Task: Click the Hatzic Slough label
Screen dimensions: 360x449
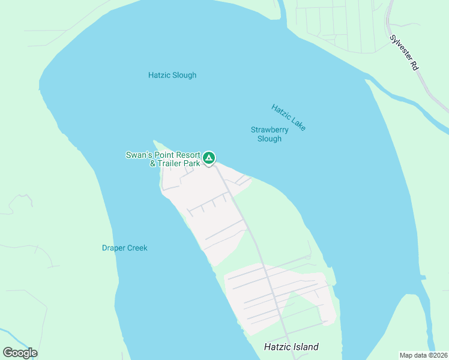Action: click(172, 75)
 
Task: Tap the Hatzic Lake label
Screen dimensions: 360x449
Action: click(289, 118)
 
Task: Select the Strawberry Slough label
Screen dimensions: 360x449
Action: click(270, 134)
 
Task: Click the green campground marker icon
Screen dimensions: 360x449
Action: click(208, 158)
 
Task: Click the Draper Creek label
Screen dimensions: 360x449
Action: click(124, 248)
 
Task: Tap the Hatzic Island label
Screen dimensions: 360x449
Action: click(291, 347)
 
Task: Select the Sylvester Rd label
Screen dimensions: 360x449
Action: click(403, 54)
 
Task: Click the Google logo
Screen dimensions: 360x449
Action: click(20, 353)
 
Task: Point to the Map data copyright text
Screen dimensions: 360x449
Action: click(424, 355)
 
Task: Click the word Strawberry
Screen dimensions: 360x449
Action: click(270, 130)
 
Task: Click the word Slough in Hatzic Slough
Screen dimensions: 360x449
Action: click(184, 75)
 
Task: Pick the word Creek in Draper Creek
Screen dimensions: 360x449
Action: click(136, 248)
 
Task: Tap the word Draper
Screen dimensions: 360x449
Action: click(113, 248)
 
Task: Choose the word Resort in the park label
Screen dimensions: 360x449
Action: click(187, 154)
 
